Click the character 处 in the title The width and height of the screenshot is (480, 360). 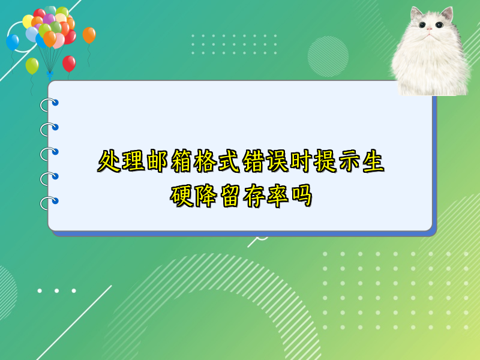pos(109,161)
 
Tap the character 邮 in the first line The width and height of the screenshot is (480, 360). pos(157,161)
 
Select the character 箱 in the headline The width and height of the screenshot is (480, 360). pos(181,161)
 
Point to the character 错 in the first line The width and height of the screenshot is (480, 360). pos(253,161)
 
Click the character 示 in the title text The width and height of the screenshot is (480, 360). pos(349,161)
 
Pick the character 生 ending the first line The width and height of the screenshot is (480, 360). pos(373,161)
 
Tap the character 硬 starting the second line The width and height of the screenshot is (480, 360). pos(181,196)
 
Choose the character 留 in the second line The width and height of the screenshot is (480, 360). pos(229,196)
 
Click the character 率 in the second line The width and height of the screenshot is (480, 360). pos(277,196)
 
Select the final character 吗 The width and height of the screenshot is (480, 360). pos(302,196)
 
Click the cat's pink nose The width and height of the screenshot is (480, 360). pos(430,29)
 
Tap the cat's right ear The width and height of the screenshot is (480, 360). pos(447,14)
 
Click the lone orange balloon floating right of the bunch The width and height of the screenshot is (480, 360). pos(89,35)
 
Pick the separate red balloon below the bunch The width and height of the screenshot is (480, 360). pos(69,64)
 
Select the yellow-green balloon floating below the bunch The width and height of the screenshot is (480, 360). pos(32,66)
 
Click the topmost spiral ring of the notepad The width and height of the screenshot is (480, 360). pos(49,104)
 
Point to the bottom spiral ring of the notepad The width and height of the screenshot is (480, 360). pos(49,203)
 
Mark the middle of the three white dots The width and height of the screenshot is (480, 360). pos(56,291)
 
